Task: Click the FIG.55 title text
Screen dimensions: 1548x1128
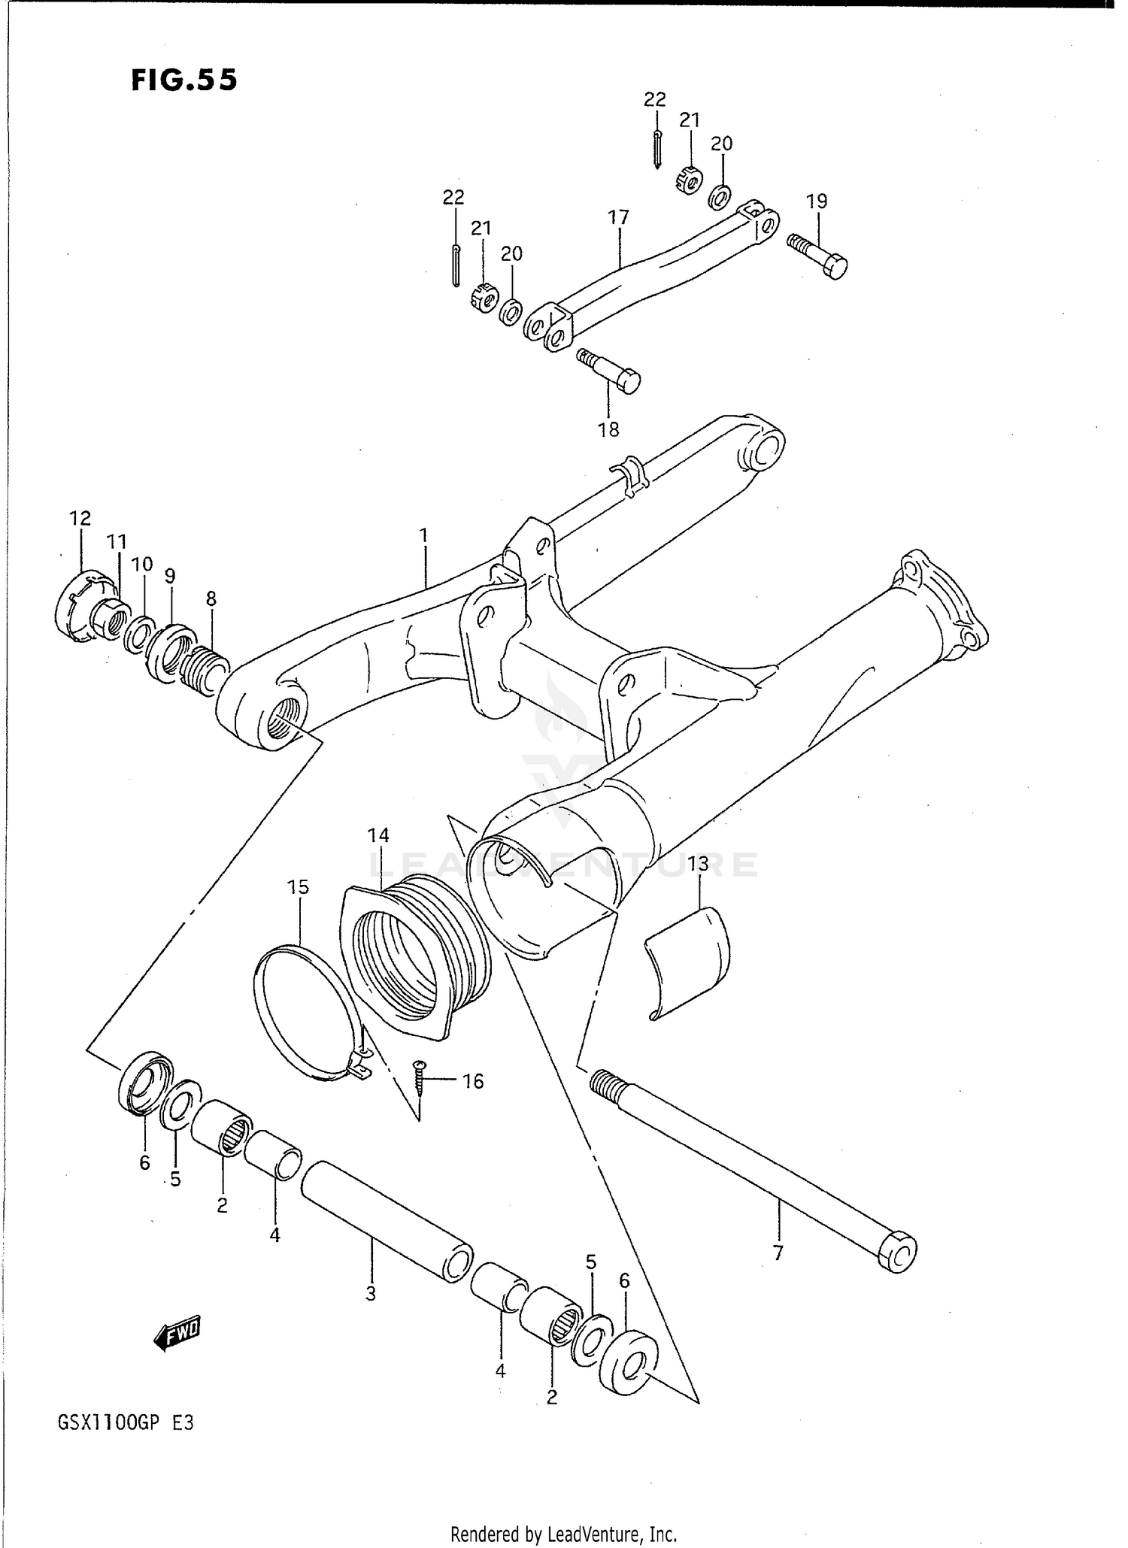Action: coord(184,80)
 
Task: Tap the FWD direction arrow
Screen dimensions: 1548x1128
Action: coord(177,1333)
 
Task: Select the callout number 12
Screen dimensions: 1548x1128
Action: coord(80,518)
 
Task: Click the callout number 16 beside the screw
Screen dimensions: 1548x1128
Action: coord(472,1081)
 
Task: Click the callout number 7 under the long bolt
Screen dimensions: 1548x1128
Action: coord(778,1253)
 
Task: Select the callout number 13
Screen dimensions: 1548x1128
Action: coord(699,864)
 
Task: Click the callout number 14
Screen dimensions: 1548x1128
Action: coord(378,835)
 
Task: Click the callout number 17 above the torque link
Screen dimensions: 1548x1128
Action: coord(618,217)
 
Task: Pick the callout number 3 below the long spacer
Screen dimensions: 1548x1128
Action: coord(371,1293)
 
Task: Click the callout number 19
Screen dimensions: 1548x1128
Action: coord(817,201)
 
